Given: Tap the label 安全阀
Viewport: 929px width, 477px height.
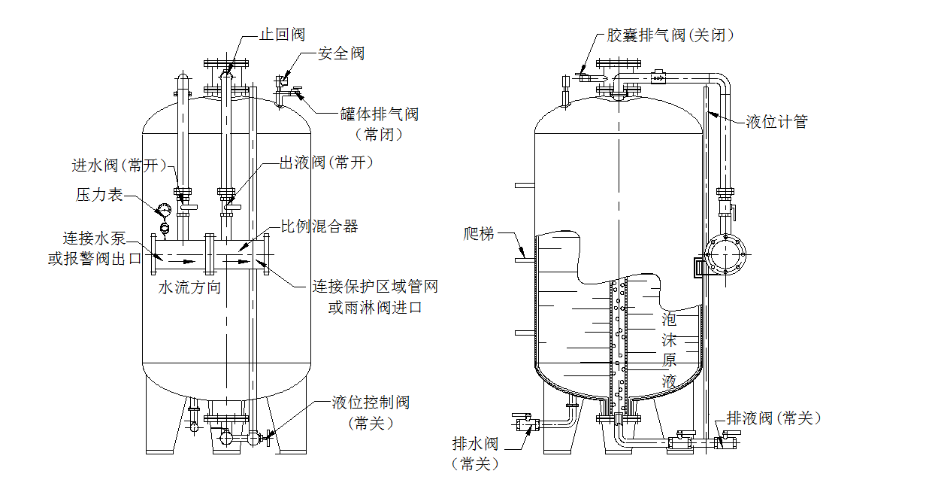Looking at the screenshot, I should [341, 53].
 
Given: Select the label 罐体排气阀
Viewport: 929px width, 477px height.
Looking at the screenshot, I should [379, 114].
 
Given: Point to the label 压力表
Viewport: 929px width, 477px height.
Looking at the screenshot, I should [98, 194].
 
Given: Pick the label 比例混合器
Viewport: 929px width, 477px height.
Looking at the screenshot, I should [319, 226].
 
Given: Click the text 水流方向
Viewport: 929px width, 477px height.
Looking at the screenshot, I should [189, 287].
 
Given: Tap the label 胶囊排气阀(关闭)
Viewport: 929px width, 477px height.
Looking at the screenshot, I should [670, 35].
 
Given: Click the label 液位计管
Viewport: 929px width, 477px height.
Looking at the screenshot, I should [776, 122].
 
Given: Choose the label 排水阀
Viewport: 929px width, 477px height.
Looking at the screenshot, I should [475, 443].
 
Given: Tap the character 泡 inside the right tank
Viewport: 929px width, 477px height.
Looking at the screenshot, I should [669, 318].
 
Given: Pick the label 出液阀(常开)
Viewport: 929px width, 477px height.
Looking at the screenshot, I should [326, 163].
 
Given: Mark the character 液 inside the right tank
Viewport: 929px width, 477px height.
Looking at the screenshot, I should [669, 381].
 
